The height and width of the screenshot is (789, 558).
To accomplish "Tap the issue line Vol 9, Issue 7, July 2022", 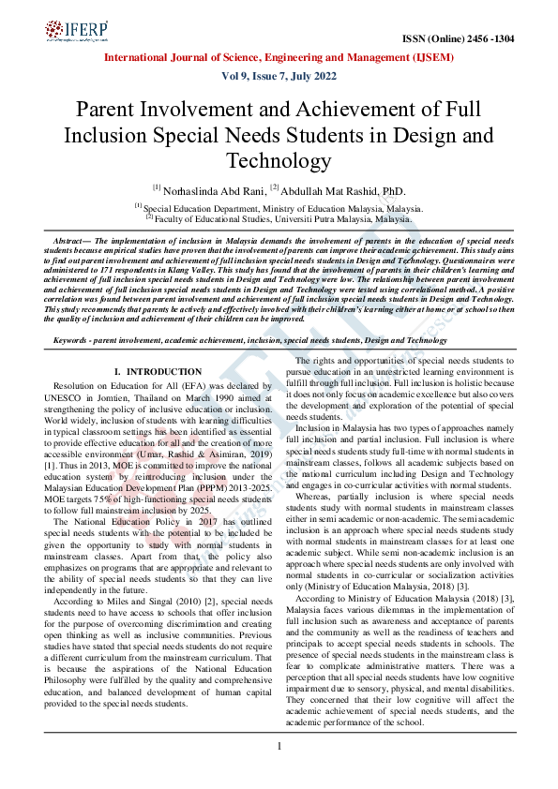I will (x=279, y=76).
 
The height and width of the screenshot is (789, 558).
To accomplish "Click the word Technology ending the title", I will (x=279, y=160).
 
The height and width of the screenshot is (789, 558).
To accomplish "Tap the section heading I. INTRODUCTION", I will (x=151, y=373).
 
